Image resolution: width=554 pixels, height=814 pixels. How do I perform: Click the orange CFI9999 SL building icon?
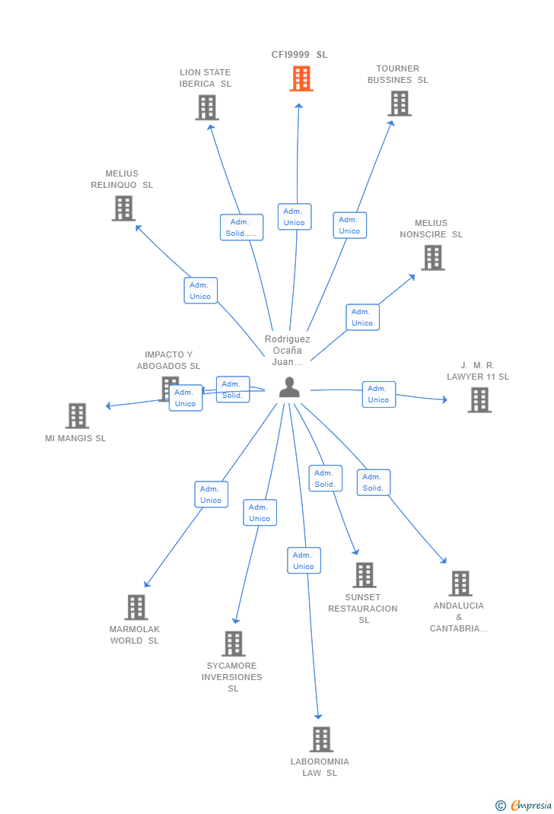click(301, 78)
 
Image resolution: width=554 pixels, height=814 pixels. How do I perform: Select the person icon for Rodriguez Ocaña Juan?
click(289, 388)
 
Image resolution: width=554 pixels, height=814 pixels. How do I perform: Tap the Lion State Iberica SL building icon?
click(206, 107)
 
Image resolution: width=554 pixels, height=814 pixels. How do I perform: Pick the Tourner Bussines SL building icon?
click(400, 103)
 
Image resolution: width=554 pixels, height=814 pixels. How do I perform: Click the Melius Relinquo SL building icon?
click(123, 208)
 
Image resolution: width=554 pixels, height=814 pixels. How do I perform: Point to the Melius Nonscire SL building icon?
click(433, 258)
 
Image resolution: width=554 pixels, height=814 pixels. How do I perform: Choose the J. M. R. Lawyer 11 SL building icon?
click(479, 400)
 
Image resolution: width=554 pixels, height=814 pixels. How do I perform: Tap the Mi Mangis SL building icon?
click(77, 416)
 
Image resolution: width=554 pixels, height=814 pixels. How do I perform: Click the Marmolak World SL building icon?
click(136, 608)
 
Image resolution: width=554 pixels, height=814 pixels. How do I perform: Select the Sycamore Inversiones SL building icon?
click(233, 644)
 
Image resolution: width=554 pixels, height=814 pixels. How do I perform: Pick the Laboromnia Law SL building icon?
click(321, 739)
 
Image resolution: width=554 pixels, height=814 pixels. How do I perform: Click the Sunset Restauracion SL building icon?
click(364, 575)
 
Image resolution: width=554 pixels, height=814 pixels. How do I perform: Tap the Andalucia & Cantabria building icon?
click(460, 583)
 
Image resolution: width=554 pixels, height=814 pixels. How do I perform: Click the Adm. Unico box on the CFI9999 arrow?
click(295, 217)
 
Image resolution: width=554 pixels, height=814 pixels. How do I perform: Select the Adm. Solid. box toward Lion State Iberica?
click(242, 227)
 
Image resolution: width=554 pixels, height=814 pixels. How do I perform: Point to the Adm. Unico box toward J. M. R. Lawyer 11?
click(378, 394)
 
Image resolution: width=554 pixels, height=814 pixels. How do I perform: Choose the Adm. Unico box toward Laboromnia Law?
click(304, 561)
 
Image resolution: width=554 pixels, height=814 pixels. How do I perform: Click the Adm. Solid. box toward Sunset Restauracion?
click(325, 479)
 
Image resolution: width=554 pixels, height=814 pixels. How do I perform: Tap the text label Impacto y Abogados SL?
click(168, 361)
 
